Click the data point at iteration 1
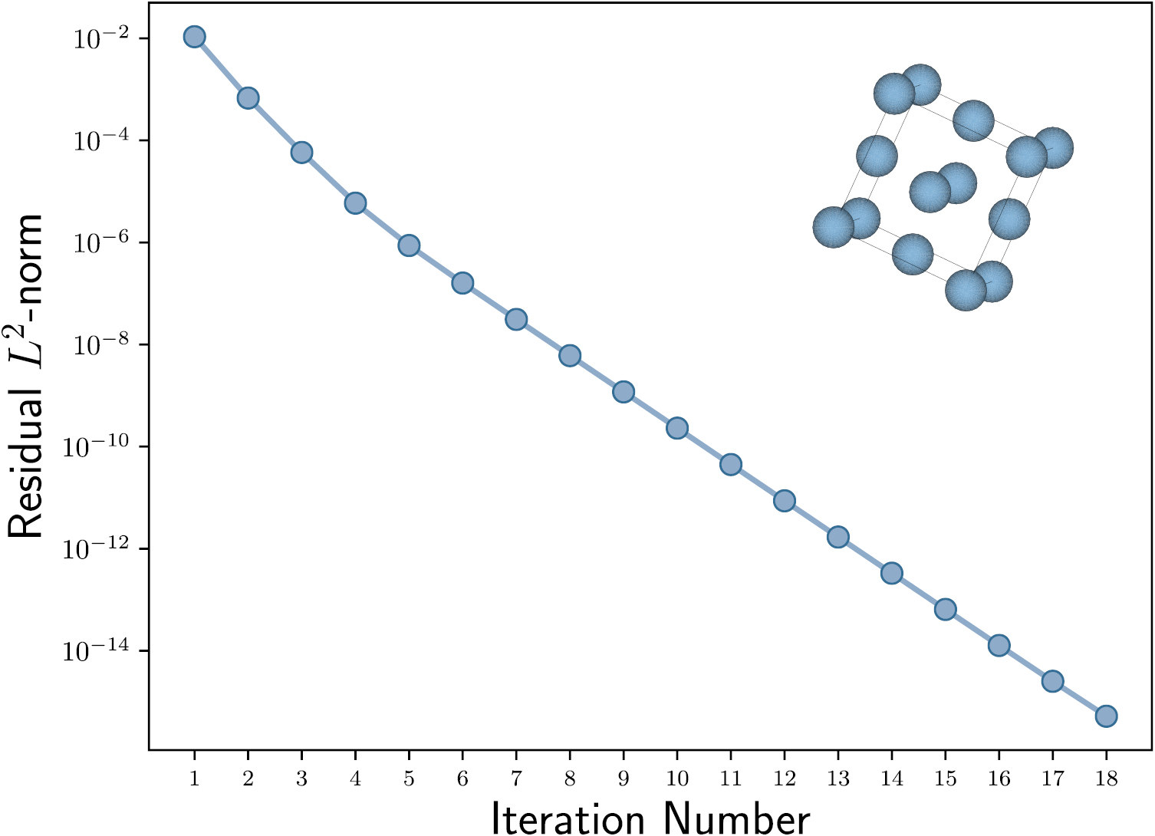(x=194, y=37)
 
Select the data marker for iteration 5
(x=408, y=245)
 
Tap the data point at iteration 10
(x=676, y=428)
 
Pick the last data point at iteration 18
(x=1105, y=716)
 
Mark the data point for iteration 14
(x=891, y=573)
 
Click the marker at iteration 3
(x=301, y=153)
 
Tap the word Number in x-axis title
(x=737, y=818)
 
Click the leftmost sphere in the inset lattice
(x=833, y=228)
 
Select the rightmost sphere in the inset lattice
(x=1052, y=147)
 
